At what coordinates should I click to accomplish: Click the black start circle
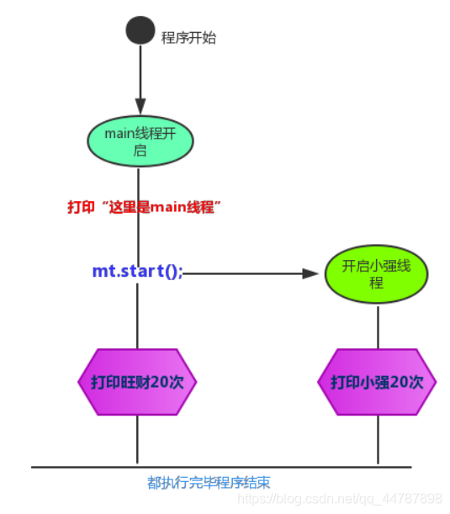140,31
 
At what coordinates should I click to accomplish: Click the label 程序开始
188,38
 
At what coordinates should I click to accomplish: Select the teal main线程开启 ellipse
140,140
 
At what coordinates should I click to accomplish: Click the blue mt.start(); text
137,271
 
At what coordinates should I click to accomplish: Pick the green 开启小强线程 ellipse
376,274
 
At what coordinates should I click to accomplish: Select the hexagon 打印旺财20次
137,382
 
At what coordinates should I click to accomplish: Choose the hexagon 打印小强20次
377,382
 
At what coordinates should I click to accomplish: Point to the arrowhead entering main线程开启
140,108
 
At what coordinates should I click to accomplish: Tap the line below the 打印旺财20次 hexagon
137,439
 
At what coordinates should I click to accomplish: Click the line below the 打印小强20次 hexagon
377,439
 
